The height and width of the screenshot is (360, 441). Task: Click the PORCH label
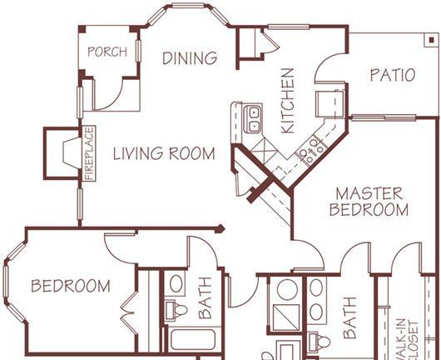pyautogui.click(x=107, y=52)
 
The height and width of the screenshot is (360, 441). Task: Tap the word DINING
pyautogui.click(x=190, y=58)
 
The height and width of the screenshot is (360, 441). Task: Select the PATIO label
pyautogui.click(x=393, y=75)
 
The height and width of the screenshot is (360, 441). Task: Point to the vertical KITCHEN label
pyautogui.click(x=288, y=101)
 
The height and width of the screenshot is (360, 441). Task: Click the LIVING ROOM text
pyautogui.click(x=164, y=153)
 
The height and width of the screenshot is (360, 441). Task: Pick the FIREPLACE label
pyautogui.click(x=90, y=153)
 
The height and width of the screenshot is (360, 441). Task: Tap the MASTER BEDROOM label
pyautogui.click(x=369, y=202)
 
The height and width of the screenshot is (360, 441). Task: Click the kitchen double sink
pyautogui.click(x=253, y=119)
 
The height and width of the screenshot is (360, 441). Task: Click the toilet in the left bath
pyautogui.click(x=176, y=311)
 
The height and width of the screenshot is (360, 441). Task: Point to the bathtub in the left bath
pyautogui.click(x=193, y=339)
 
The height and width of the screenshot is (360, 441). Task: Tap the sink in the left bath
pyautogui.click(x=176, y=284)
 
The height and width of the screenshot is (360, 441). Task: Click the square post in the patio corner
pyautogui.click(x=432, y=40)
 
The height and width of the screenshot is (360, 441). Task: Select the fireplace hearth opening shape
pyautogui.click(x=72, y=153)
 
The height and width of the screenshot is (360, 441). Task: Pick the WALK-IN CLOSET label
pyautogui.click(x=406, y=339)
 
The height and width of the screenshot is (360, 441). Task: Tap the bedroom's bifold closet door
pyautogui.click(x=129, y=313)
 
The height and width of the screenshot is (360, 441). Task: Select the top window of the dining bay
pyautogui.click(x=188, y=6)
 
